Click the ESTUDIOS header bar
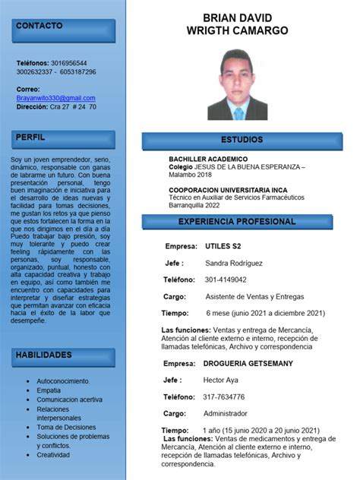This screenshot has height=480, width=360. tap(242, 141)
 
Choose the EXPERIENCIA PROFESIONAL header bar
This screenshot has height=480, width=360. tap(236, 222)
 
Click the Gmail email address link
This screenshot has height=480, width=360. tap(56, 98)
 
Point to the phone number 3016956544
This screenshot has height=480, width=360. tap(68, 63)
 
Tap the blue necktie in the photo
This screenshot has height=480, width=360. tap(238, 113)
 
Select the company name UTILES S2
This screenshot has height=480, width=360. tap(223, 247)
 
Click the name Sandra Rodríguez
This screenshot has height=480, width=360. tap(233, 264)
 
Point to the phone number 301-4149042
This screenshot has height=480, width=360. tap(226, 279)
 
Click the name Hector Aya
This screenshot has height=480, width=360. tap(222, 381)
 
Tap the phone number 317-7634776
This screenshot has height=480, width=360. tap(224, 396)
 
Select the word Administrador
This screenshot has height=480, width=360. tap(226, 413)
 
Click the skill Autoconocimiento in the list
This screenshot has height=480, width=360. tap(63, 381)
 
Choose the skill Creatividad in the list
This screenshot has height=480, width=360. tap(53, 455)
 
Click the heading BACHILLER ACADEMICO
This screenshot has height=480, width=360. tap(208, 159)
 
